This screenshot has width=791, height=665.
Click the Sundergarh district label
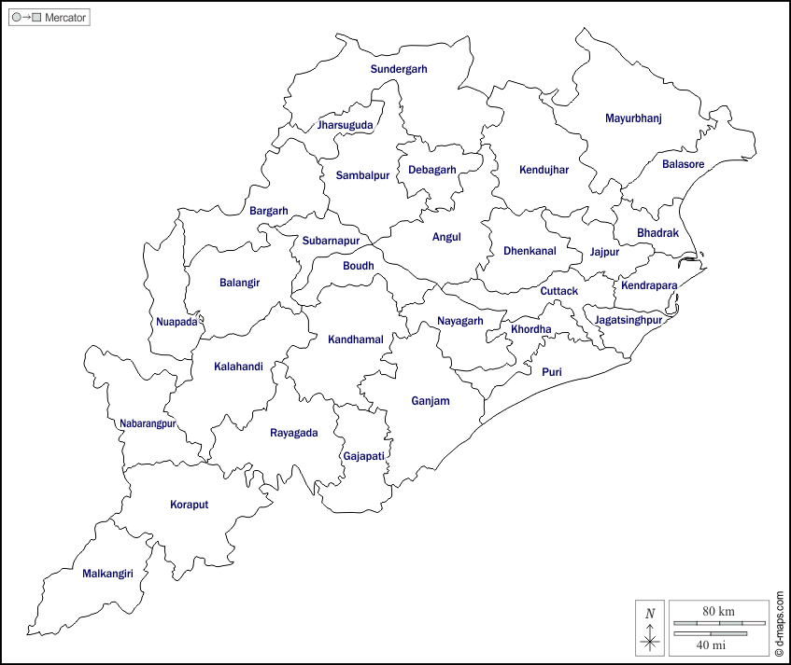point(399,69)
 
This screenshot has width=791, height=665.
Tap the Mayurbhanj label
point(633,118)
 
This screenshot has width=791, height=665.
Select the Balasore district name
point(683,164)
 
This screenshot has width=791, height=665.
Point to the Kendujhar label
point(544,170)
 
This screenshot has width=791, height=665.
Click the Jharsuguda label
point(346,125)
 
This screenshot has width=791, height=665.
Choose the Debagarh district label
point(432,170)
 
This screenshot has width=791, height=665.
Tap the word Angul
point(446,237)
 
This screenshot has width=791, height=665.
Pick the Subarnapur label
point(331,241)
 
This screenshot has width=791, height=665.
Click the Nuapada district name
point(177,322)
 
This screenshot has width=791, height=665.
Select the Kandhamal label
point(356,339)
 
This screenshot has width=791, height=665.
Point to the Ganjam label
point(431,401)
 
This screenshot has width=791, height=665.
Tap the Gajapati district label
point(364,456)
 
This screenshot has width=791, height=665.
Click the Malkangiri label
point(108,574)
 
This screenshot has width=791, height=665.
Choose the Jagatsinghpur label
point(629,320)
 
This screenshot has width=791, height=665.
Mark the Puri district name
point(552,371)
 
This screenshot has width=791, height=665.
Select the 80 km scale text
point(718,611)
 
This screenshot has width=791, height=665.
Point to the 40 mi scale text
point(712,644)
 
